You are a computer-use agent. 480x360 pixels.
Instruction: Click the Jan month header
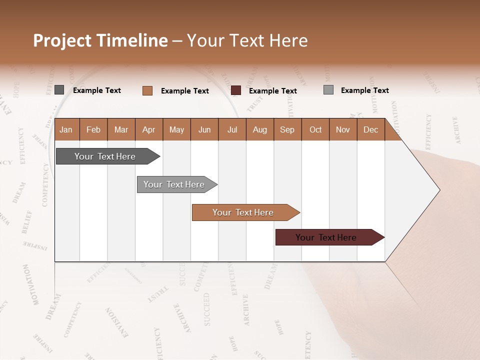coord(66,129)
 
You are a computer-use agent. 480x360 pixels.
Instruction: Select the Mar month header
coord(121,129)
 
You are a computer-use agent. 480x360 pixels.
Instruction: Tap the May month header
coord(176,129)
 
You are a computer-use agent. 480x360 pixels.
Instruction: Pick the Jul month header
coord(232,129)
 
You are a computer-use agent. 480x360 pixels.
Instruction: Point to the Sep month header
coord(287,129)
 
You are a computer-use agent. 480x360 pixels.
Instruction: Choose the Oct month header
coord(315,129)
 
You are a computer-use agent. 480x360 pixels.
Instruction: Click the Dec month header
coord(370,129)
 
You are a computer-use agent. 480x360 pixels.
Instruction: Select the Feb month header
coord(93,129)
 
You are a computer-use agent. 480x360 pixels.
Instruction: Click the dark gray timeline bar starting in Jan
coord(105,156)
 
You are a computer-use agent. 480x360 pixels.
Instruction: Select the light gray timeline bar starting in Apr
coord(174,184)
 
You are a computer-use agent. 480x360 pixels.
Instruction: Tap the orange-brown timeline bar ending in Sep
coord(243,212)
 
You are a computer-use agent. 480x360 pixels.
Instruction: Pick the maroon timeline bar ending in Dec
coord(326,237)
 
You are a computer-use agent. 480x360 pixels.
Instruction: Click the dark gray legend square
coord(59,90)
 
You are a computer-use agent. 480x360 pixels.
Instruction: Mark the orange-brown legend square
coord(147,90)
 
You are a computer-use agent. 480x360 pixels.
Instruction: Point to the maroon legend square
coord(236,90)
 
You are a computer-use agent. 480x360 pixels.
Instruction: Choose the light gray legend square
coord(328,90)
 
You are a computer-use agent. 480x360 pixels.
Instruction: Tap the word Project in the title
coord(62,40)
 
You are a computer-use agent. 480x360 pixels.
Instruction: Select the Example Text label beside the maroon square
coord(272,91)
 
